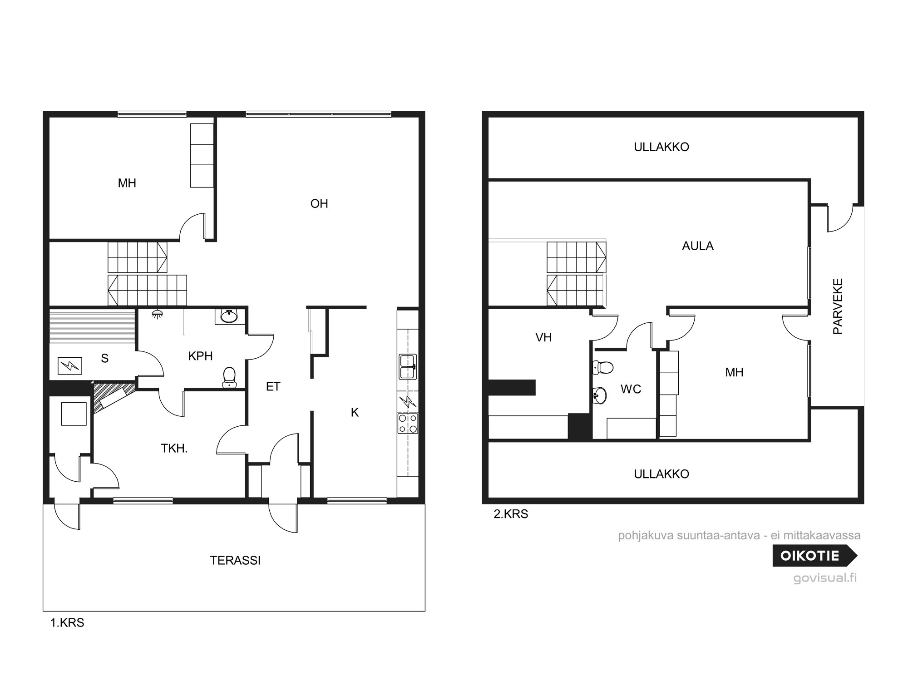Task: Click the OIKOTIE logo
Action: [x=815, y=555]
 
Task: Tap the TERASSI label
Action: [x=235, y=561]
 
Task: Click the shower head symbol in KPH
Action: [x=158, y=314]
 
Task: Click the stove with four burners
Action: [x=408, y=423]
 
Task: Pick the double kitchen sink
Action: [x=408, y=367]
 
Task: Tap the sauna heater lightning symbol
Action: [x=70, y=365]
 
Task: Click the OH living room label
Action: [x=319, y=204]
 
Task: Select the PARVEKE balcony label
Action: [x=838, y=306]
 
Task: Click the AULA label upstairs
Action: [x=698, y=246]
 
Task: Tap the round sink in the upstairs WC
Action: [x=600, y=395]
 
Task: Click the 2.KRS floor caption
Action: [x=511, y=514]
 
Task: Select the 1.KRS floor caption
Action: [x=67, y=622]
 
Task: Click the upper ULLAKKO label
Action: [x=661, y=147]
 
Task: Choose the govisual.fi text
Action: [x=825, y=578]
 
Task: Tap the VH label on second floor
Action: [x=543, y=337]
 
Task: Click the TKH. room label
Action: [x=174, y=449]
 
